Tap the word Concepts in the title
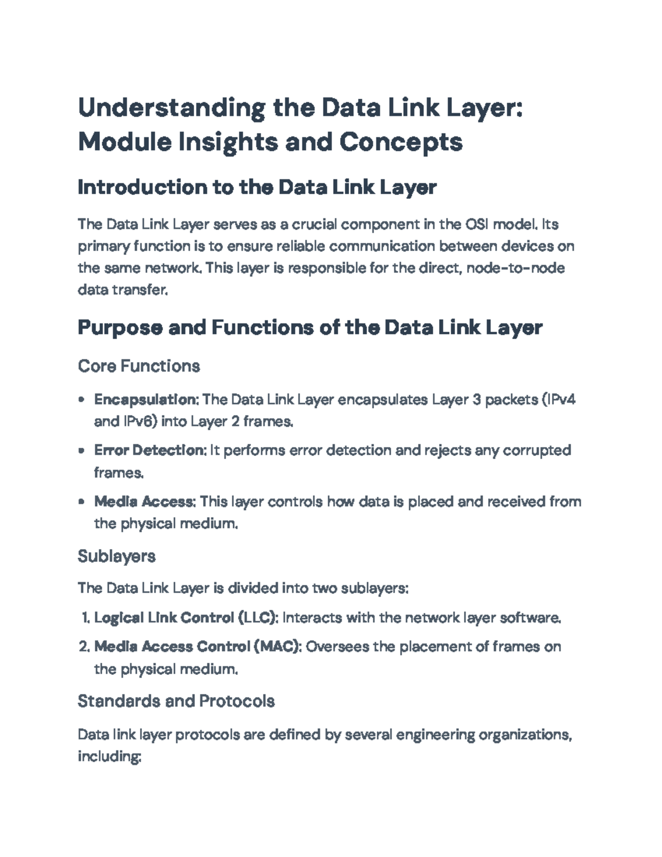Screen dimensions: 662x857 tap(401, 142)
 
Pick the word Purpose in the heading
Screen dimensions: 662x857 tap(119, 328)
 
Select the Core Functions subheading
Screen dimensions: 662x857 tap(138, 366)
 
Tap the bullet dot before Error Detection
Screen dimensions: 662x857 tap(82, 451)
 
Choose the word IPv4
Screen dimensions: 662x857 tap(560, 400)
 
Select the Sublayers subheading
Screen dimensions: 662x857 tap(116, 556)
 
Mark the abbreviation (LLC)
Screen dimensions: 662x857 tap(258, 618)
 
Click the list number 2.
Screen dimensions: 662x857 tap(83, 647)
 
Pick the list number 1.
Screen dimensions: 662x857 tap(84, 618)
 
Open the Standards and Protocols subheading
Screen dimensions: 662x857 tap(176, 701)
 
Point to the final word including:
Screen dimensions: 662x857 tap(110, 757)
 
